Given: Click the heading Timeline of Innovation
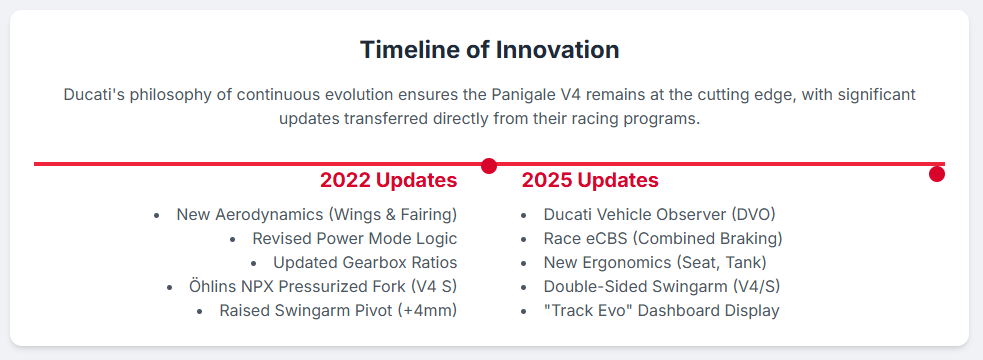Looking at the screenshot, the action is [490, 50].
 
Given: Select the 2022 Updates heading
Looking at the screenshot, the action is [389, 181].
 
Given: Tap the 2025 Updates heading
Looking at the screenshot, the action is [590, 181].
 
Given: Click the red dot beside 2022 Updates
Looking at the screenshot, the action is [489, 166].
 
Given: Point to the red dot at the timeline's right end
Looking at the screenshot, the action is [937, 174].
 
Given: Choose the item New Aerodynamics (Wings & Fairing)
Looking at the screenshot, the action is [317, 214].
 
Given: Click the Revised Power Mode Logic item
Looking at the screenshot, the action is [355, 238].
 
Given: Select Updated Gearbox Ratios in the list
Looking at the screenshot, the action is [365, 263].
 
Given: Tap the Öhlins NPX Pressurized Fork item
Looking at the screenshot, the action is [323, 287].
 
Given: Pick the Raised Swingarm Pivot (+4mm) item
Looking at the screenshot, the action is [338, 310].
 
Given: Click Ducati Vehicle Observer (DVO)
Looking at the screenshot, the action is [660, 214].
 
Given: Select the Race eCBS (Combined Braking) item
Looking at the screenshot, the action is [663, 238].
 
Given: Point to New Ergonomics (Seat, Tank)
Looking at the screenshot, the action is [655, 263].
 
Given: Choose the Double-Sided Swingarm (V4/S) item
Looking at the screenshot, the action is [662, 287].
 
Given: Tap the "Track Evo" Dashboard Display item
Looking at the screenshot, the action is [661, 310].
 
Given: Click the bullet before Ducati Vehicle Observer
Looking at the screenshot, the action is [523, 216].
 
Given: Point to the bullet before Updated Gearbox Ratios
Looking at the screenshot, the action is [253, 263].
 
